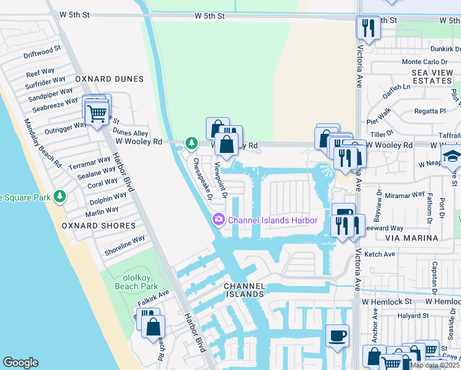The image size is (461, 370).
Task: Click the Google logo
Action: click(x=20, y=363)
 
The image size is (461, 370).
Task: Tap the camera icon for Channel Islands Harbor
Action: click(x=218, y=220)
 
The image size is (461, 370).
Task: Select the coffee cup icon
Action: click(x=337, y=336)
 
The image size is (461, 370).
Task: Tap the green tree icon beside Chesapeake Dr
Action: click(x=192, y=144)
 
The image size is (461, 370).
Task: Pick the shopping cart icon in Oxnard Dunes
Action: click(x=96, y=113)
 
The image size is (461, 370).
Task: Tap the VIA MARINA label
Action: click(x=411, y=237)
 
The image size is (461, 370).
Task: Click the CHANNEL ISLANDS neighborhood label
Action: click(x=244, y=290)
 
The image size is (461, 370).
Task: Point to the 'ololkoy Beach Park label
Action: click(x=136, y=282)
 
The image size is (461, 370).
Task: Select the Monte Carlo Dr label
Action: click(x=424, y=62)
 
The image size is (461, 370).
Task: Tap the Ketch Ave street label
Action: click(x=380, y=254)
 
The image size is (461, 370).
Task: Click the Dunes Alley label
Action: click(x=129, y=133)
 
